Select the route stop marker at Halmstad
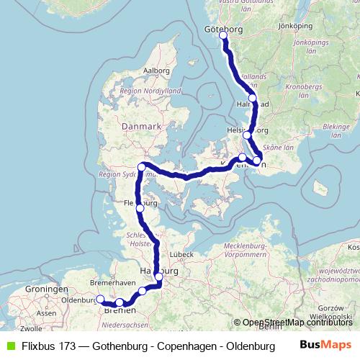click(x=252, y=98)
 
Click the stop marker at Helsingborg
click(x=247, y=135)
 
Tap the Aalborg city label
click(x=156, y=71)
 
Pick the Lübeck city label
click(x=179, y=255)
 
